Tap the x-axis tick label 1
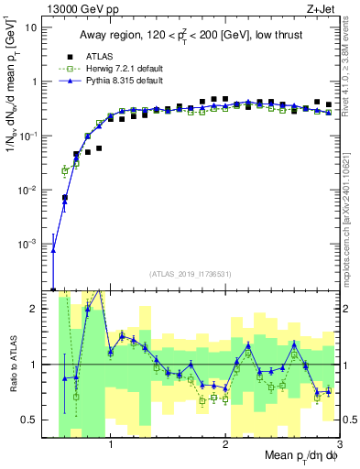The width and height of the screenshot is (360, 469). (111, 442)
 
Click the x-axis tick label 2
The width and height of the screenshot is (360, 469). (225, 442)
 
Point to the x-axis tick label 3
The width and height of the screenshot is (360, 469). (338, 442)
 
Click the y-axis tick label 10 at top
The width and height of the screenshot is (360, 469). (32, 27)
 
